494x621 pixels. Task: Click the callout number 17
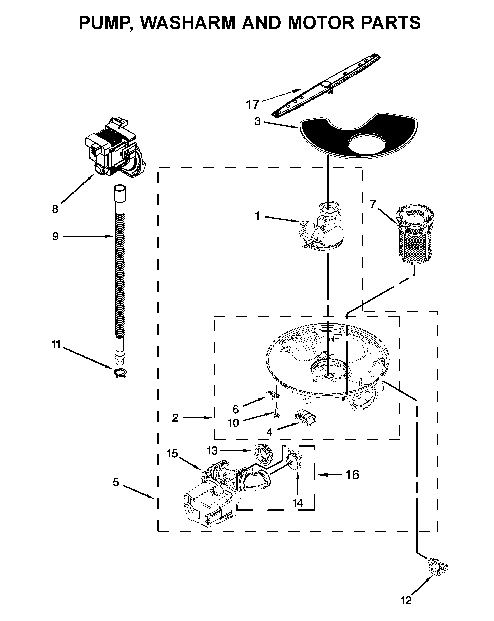point(253,105)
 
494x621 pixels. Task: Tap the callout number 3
point(257,121)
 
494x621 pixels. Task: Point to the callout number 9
point(55,237)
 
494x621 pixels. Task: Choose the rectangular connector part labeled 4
point(305,419)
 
